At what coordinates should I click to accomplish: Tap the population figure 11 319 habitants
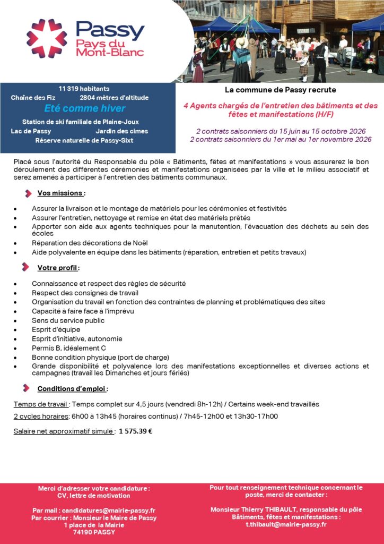click(84, 88)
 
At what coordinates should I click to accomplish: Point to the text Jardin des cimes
click(122, 131)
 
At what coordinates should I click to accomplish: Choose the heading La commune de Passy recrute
click(280, 90)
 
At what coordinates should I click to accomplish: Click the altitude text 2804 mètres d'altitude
click(114, 98)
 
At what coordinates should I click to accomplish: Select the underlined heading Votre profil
click(58, 267)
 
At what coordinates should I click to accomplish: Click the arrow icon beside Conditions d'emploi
click(25, 388)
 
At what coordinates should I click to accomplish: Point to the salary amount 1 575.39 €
click(136, 431)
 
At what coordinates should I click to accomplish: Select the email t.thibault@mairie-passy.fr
click(286, 524)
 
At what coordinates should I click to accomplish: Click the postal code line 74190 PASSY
click(94, 532)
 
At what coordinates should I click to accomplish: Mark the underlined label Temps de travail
click(41, 404)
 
